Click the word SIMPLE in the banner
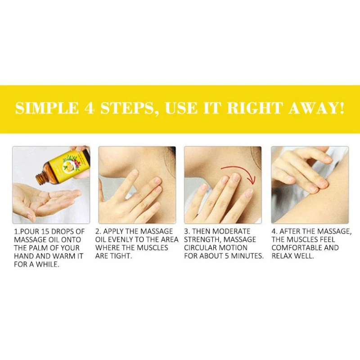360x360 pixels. tap(47, 108)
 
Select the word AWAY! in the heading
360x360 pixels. tap(317, 108)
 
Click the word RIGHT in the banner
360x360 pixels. tap(254, 108)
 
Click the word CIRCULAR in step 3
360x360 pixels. tap(200, 248)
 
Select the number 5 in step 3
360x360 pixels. tap(227, 256)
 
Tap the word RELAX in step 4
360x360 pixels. tap(282, 256)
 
